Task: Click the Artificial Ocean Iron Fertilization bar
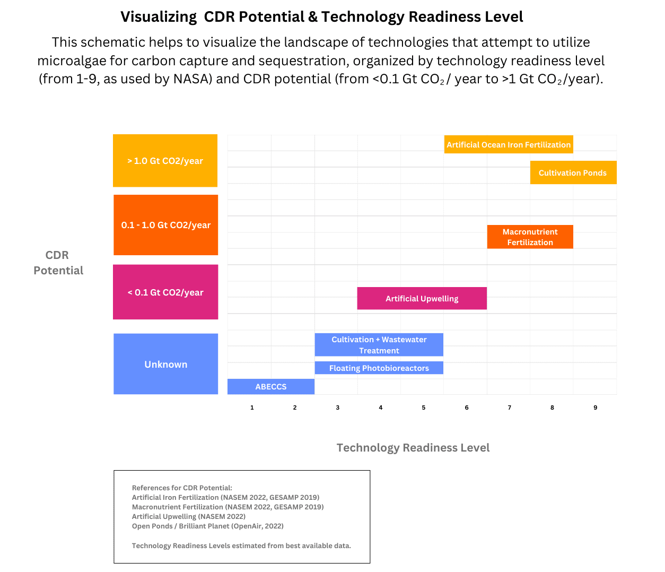click(509, 144)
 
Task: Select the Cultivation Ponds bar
click(573, 172)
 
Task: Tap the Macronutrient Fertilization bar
click(530, 237)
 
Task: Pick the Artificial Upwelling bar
click(422, 298)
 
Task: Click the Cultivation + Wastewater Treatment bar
click(379, 345)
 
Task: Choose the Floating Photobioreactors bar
click(379, 368)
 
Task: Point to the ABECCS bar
click(271, 387)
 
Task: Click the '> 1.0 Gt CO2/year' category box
click(165, 161)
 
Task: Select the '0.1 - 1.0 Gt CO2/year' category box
click(165, 225)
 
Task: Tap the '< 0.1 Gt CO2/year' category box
click(165, 292)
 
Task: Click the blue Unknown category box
click(165, 364)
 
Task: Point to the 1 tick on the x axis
click(252, 408)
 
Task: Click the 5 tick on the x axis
click(424, 408)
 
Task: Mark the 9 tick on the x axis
click(595, 408)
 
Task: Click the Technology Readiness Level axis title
click(413, 447)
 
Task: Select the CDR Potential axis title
click(58, 263)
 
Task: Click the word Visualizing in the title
click(159, 17)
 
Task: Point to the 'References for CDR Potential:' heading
click(182, 488)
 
